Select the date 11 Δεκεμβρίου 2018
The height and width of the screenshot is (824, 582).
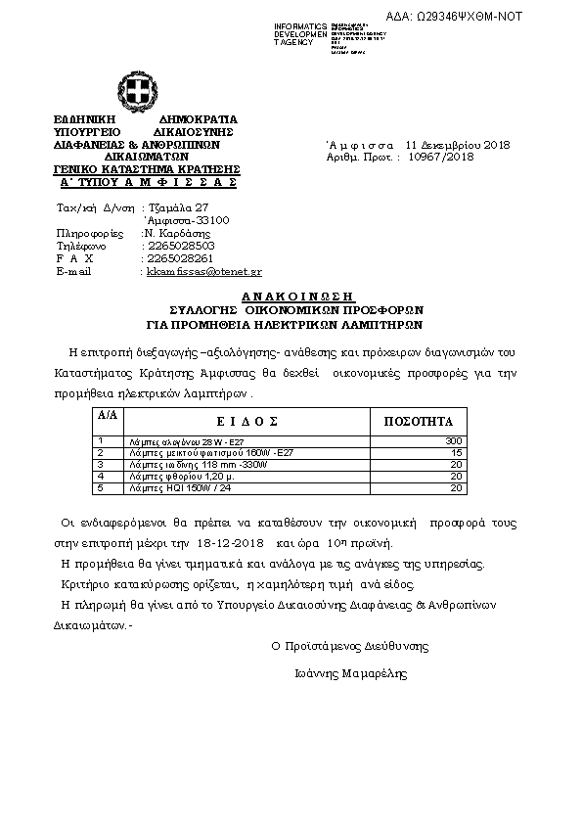[451, 144]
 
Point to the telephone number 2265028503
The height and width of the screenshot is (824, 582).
[173, 246]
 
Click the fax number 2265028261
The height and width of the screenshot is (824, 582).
[173, 258]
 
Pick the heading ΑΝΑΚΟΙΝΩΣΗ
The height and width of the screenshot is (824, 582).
[295, 296]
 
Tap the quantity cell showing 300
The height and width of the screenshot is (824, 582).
[452, 441]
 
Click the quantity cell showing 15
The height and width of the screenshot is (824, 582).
[456, 453]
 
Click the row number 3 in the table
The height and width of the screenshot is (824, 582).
[101, 464]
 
